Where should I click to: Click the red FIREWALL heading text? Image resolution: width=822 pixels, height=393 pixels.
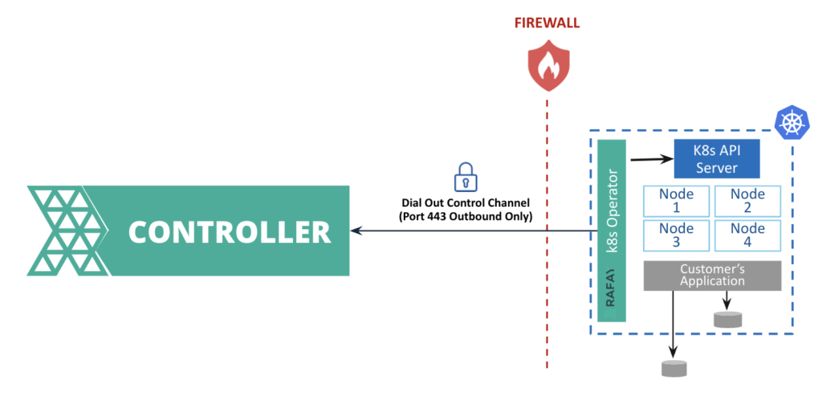pyautogui.click(x=547, y=23)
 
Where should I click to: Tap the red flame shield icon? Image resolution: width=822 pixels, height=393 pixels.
pyautogui.click(x=547, y=68)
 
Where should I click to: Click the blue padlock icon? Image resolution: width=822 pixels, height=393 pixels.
pyautogui.click(x=466, y=175)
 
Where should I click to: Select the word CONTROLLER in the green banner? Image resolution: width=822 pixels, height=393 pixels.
pyautogui.click(x=230, y=231)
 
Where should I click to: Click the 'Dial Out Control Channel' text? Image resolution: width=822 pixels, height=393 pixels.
pyautogui.click(x=466, y=203)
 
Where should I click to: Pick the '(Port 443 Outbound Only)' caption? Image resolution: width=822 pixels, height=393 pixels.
pyautogui.click(x=466, y=216)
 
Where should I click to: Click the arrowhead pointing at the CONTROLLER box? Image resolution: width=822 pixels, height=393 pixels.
pyautogui.click(x=356, y=231)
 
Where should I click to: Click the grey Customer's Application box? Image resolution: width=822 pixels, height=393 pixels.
pyautogui.click(x=712, y=276)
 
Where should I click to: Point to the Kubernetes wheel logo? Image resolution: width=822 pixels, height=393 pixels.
pyautogui.click(x=791, y=122)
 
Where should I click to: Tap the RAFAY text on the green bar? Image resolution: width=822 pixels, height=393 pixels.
pyautogui.click(x=611, y=289)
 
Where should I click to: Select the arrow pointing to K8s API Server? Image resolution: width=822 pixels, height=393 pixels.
pyautogui.click(x=651, y=158)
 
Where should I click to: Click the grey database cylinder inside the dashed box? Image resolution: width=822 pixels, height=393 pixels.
pyautogui.click(x=727, y=319)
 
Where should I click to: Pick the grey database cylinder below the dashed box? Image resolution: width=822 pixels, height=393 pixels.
pyautogui.click(x=673, y=369)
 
